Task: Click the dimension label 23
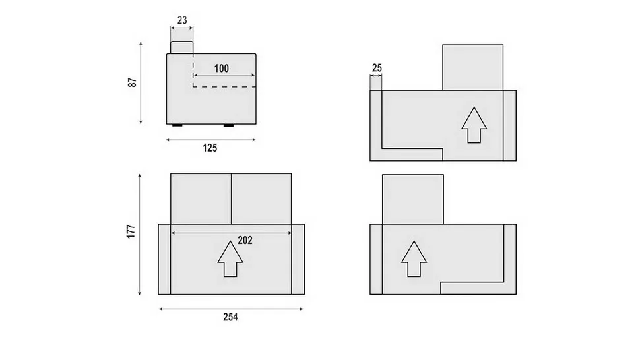[x=182, y=20]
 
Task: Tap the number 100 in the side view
[x=222, y=68]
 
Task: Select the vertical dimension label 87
[x=132, y=82]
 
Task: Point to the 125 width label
[x=210, y=148]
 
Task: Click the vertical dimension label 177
[x=131, y=231]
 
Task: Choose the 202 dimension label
[x=245, y=241]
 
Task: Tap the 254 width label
[x=231, y=316]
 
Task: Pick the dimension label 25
[x=377, y=68]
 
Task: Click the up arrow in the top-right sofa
[x=474, y=125]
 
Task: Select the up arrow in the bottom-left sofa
[x=230, y=258]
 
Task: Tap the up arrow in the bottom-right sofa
[x=414, y=258]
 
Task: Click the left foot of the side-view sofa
[x=177, y=125]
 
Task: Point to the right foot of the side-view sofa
[x=228, y=125]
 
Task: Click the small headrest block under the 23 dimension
[x=181, y=47]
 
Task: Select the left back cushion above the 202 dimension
[x=201, y=198]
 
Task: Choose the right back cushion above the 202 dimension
[x=261, y=198]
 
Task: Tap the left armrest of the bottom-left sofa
[x=164, y=259]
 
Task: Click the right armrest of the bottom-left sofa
[x=298, y=259]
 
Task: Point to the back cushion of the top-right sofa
[x=472, y=67]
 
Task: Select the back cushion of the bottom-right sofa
[x=413, y=199]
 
